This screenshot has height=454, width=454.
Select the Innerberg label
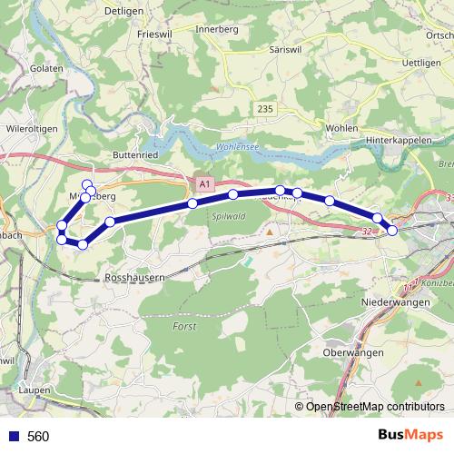click(x=219, y=30)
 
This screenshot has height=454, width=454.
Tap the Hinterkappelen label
click(x=400, y=142)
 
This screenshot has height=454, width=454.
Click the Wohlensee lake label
click(x=237, y=147)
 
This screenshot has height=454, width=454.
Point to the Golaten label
click(x=46, y=69)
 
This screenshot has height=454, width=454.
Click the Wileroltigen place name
click(x=32, y=129)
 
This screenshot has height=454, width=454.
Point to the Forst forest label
click(x=184, y=325)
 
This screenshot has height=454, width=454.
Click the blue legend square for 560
click(x=13, y=436)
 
